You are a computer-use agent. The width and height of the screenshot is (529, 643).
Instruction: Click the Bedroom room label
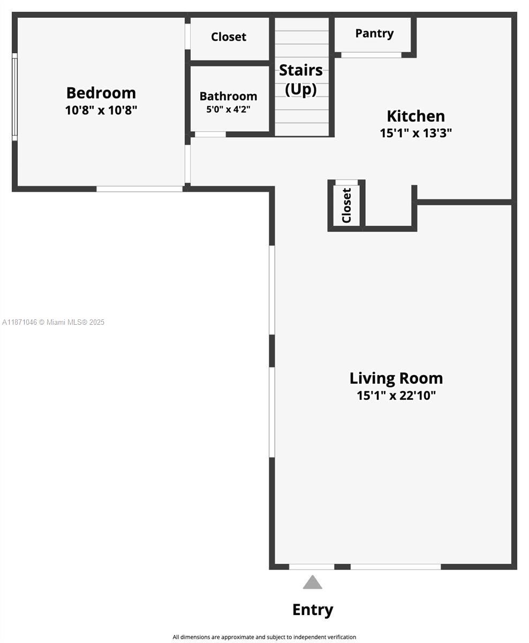coord(101,93)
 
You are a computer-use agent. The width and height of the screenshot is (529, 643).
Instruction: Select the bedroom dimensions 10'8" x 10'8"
coord(101,110)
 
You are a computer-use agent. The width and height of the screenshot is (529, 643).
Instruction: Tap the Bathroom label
coord(228,96)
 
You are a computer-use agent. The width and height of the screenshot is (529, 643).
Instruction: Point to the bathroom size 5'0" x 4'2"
coord(228,109)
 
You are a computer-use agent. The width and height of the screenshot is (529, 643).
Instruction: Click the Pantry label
coord(374,33)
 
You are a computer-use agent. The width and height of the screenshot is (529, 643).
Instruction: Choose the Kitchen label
coord(415,116)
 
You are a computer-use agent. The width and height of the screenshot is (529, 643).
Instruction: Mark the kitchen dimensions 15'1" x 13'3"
coord(415,133)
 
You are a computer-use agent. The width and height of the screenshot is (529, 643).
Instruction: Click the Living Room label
coord(396,378)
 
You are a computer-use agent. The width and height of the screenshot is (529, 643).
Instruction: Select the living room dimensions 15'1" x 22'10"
coord(396,395)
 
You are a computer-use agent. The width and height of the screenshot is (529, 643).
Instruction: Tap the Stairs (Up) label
coord(301,79)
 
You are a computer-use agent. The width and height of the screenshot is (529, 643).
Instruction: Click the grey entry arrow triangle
coord(312,583)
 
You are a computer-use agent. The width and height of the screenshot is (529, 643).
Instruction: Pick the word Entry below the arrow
coord(312,610)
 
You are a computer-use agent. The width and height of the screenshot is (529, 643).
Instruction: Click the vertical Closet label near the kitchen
coord(346,205)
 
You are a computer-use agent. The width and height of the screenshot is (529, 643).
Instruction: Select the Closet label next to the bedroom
coord(229,37)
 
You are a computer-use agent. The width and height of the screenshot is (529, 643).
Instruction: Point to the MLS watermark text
coord(54,322)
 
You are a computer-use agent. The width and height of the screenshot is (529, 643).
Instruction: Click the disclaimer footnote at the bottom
coord(264,637)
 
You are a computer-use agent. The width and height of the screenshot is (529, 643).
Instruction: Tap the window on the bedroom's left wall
coord(14,96)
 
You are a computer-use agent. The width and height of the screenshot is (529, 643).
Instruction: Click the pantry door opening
coord(371,55)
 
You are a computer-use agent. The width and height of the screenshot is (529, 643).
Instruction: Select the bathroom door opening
coord(210,134)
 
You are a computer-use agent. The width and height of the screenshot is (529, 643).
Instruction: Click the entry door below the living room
coord(312,566)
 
